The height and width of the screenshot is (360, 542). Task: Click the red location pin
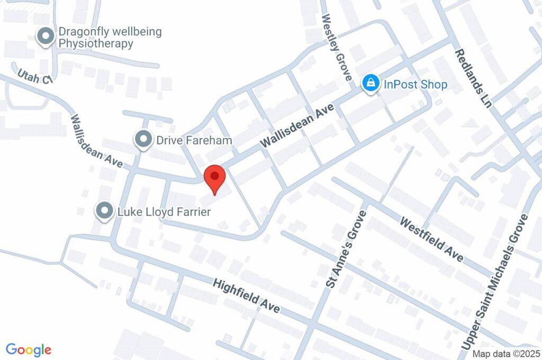215,177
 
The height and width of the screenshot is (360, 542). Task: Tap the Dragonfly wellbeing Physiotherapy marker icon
46,37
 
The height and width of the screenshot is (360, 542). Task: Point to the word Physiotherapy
96,43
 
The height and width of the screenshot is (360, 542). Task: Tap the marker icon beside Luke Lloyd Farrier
104,212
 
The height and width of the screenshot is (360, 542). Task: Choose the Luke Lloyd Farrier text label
164,212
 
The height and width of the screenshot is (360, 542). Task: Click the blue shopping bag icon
371,83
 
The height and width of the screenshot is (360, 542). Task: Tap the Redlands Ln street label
474,78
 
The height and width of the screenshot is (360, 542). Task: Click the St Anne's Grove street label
346,249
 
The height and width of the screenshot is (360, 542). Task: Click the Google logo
29,350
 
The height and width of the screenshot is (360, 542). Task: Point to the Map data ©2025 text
506,354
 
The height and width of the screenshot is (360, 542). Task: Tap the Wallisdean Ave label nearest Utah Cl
96,141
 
